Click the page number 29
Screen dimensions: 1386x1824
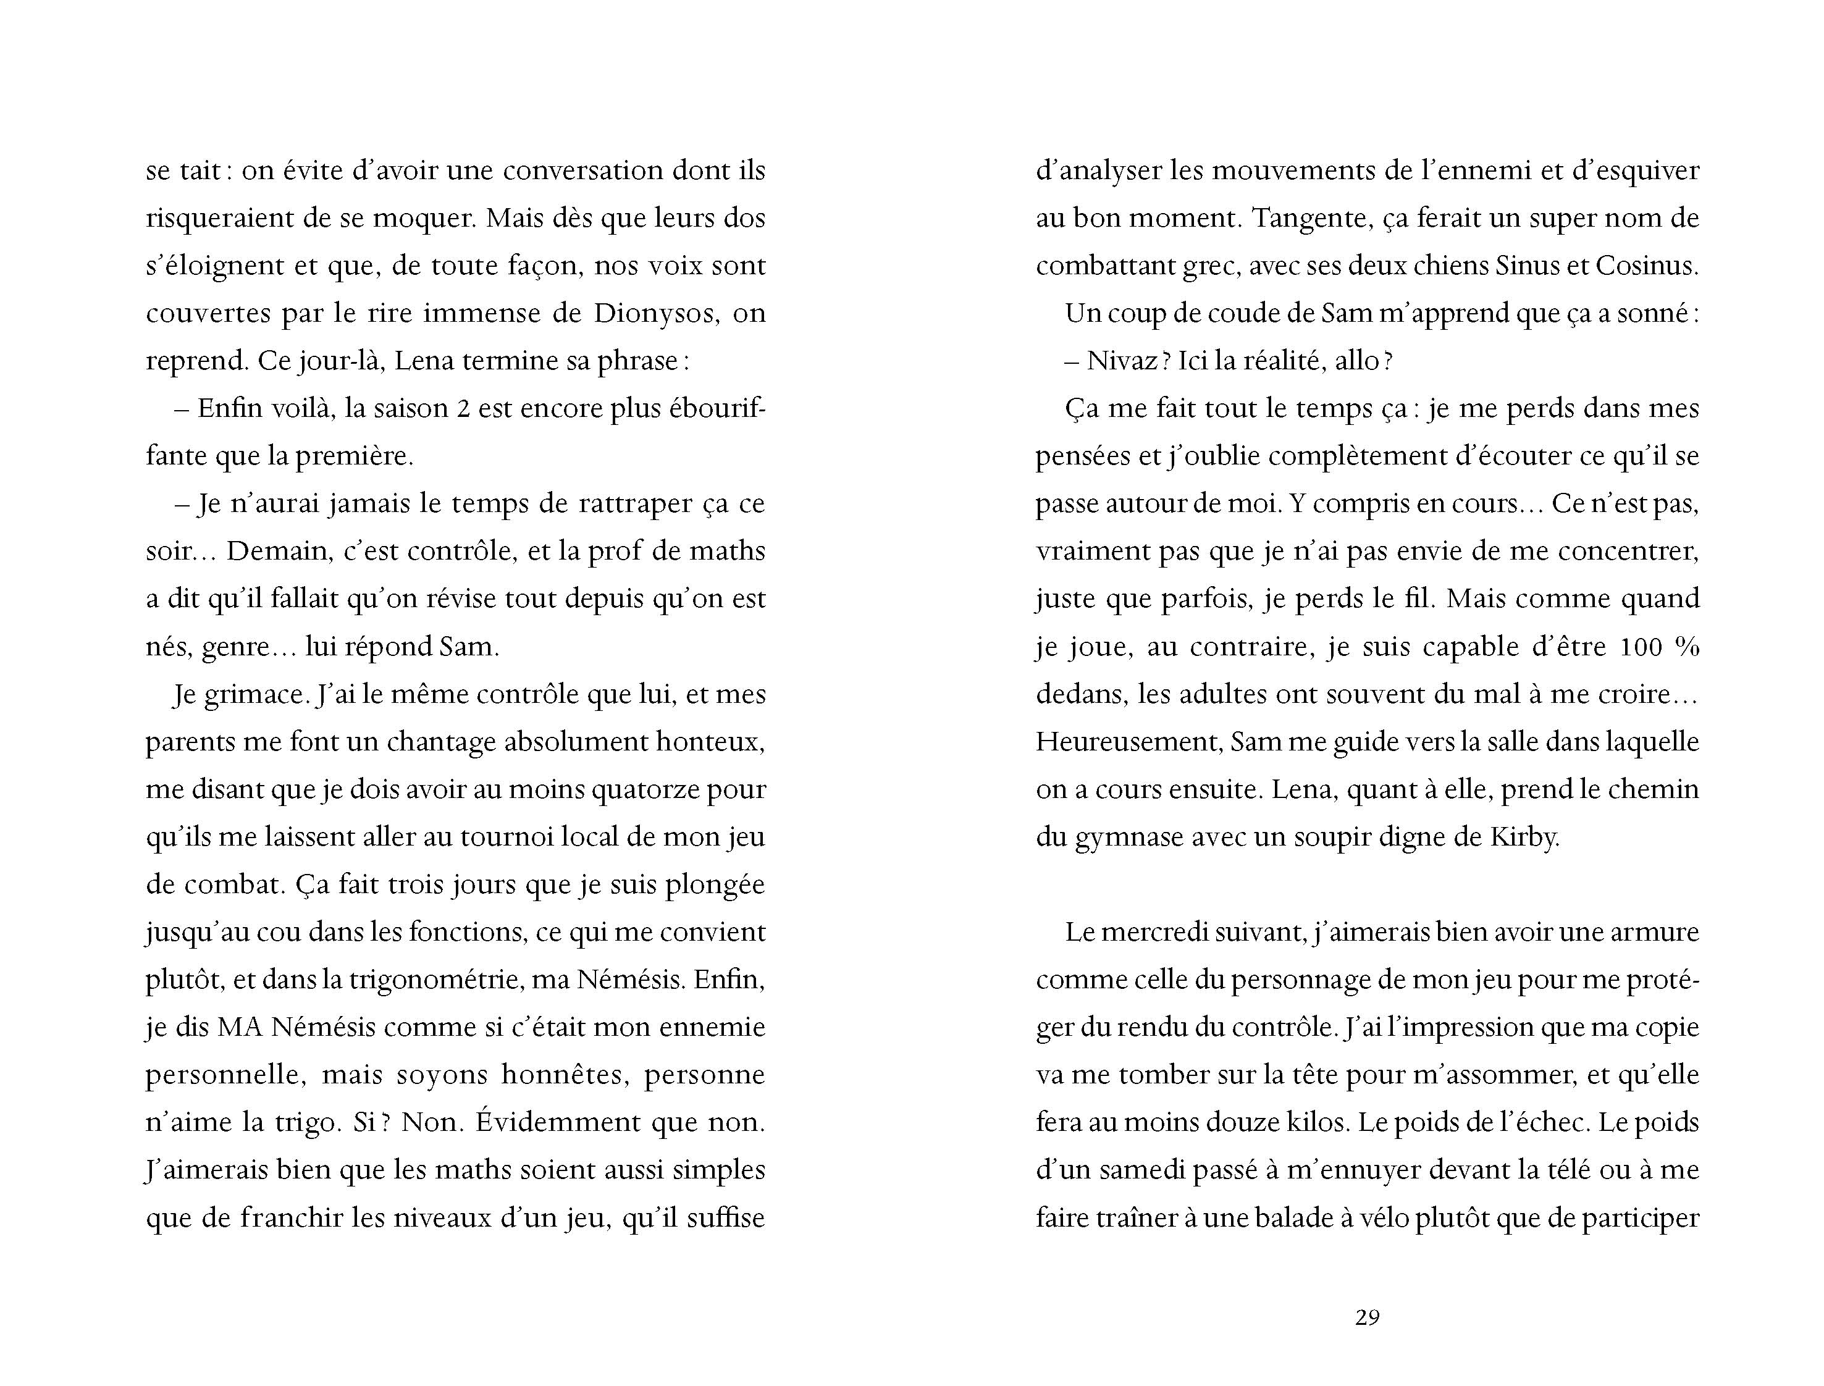coord(1367,1317)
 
